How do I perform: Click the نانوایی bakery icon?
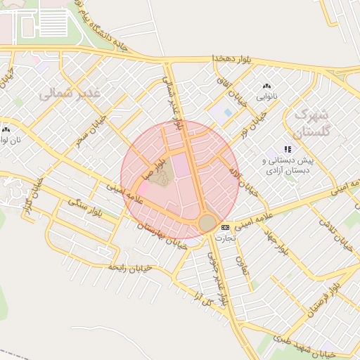pos(266,86)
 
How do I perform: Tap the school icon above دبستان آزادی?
pos(287,149)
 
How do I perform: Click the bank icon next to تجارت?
pos(225,227)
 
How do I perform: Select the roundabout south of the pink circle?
pos(207,223)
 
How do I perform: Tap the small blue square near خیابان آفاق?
pos(228,112)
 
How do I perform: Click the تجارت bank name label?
pos(224,238)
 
